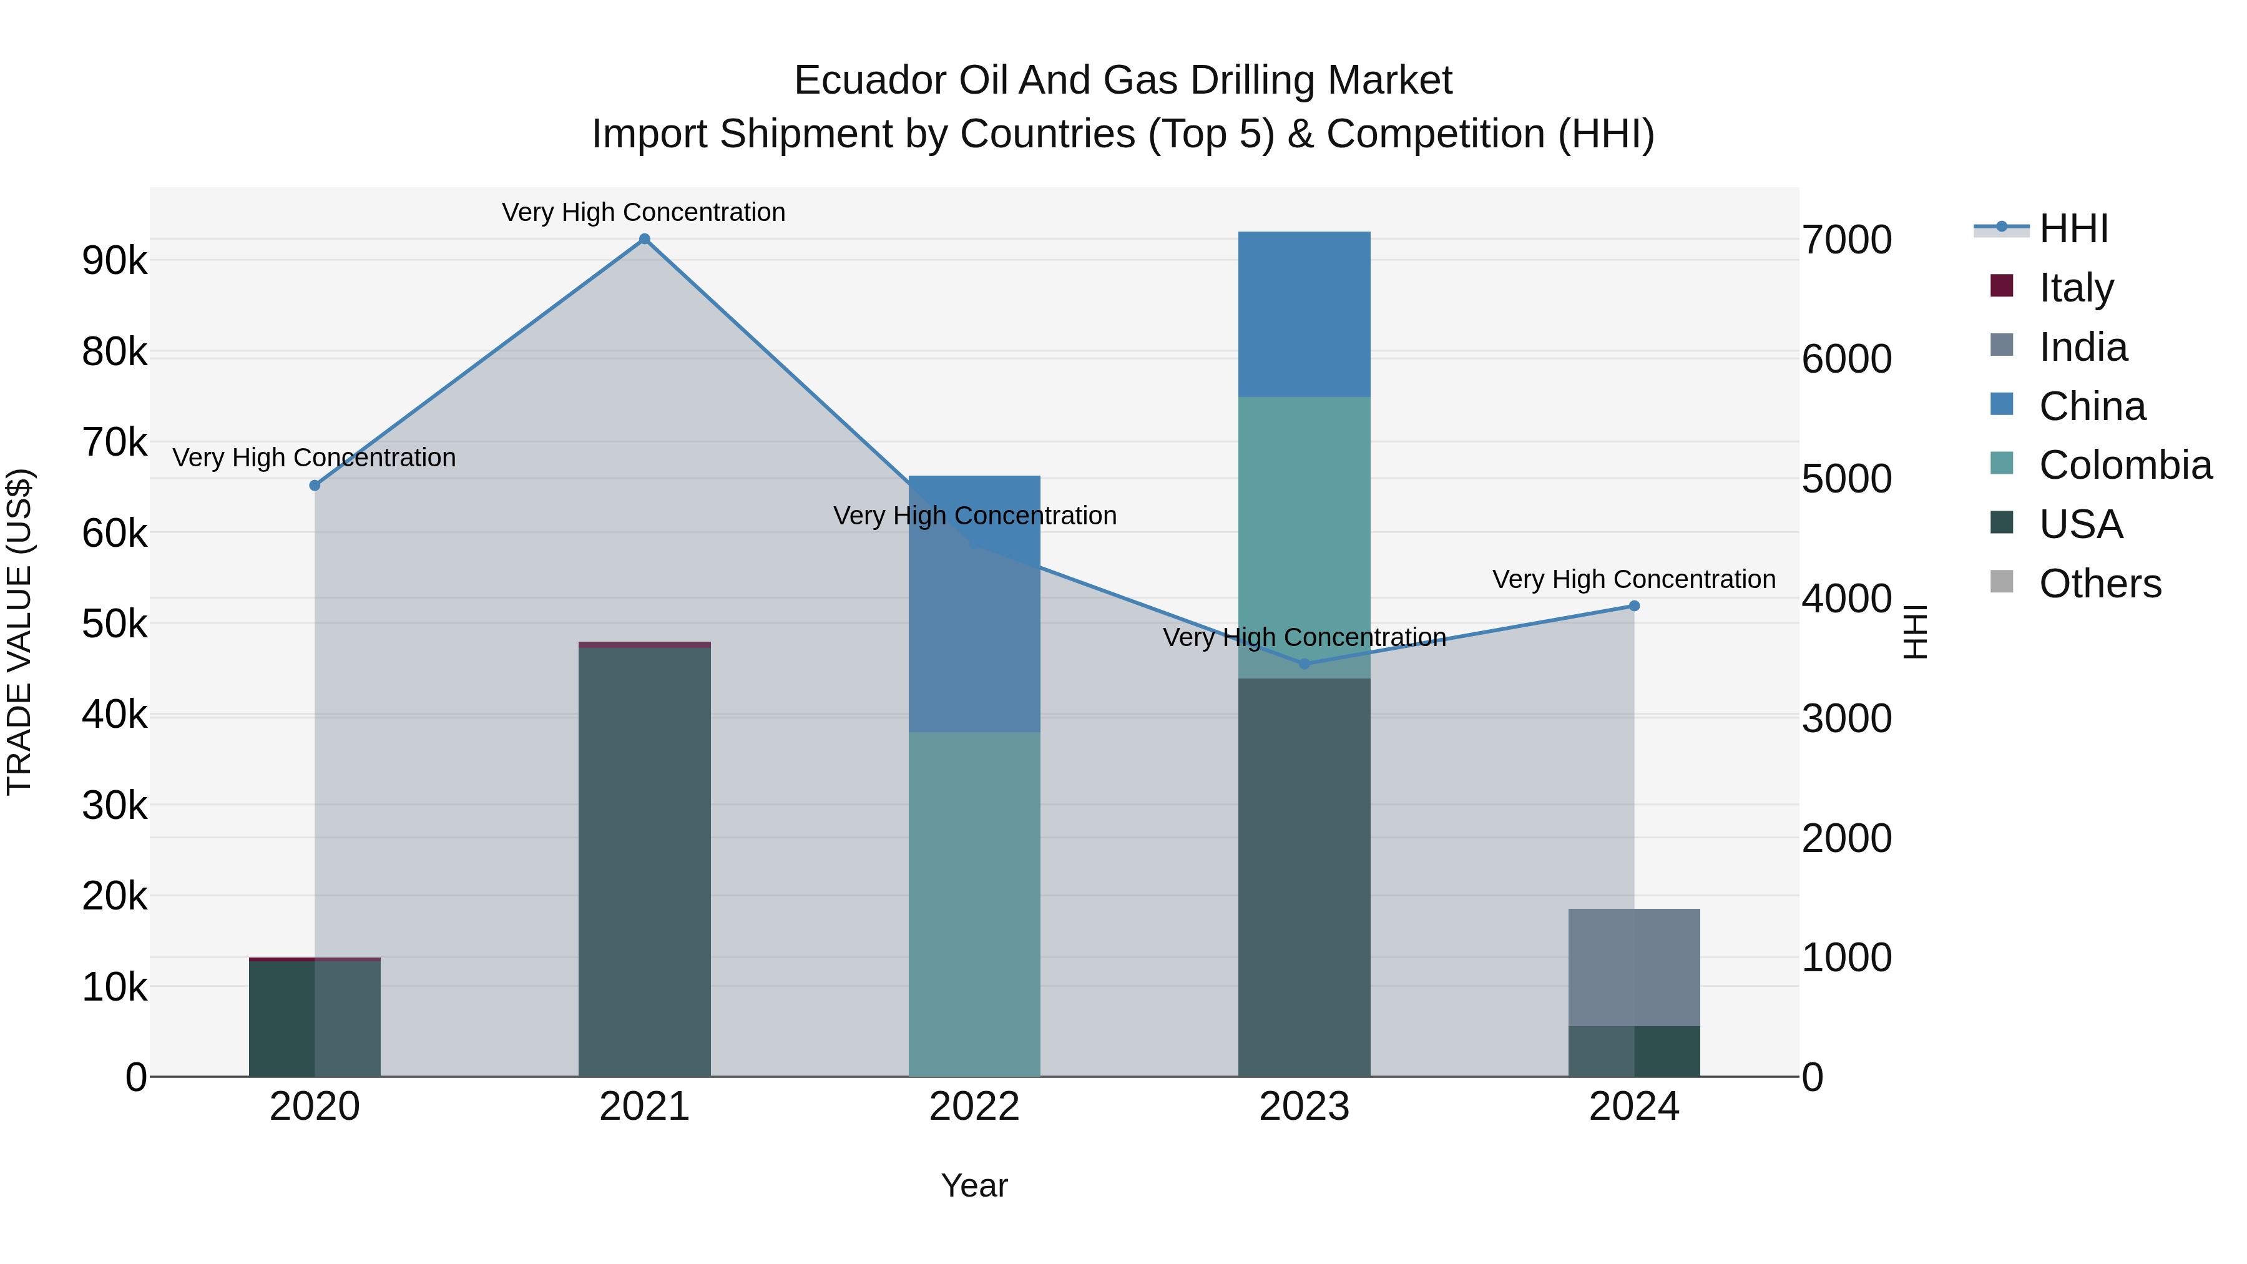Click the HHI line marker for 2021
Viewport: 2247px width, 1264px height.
click(x=645, y=239)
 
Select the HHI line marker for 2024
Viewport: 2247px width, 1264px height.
click(x=1634, y=606)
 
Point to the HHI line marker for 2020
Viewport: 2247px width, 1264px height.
click(x=315, y=486)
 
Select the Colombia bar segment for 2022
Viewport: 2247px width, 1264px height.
click(x=974, y=904)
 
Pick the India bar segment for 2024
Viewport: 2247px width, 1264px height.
click(x=1634, y=968)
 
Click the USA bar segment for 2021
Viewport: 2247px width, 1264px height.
click(x=645, y=862)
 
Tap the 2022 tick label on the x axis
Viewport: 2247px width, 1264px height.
click(x=974, y=1107)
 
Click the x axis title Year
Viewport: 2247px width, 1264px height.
click(x=974, y=1185)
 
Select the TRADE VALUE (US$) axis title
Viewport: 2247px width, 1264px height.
click(x=19, y=632)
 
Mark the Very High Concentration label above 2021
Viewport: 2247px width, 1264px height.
click(x=644, y=212)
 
